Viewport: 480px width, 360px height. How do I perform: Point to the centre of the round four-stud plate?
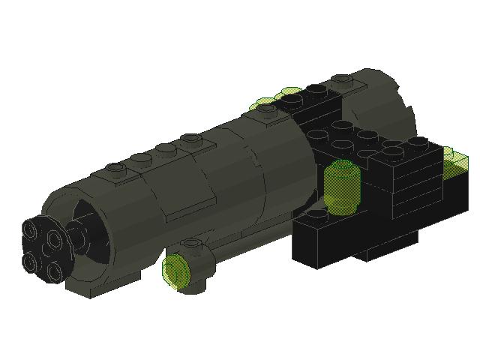point(44,247)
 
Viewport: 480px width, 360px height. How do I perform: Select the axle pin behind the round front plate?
point(78,237)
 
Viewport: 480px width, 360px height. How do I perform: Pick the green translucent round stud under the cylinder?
point(177,270)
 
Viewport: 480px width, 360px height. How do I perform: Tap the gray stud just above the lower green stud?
point(192,244)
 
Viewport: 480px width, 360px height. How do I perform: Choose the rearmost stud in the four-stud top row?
point(191,139)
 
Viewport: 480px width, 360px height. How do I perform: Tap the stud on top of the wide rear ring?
point(342,78)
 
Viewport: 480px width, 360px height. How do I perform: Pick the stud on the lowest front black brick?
point(315,215)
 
